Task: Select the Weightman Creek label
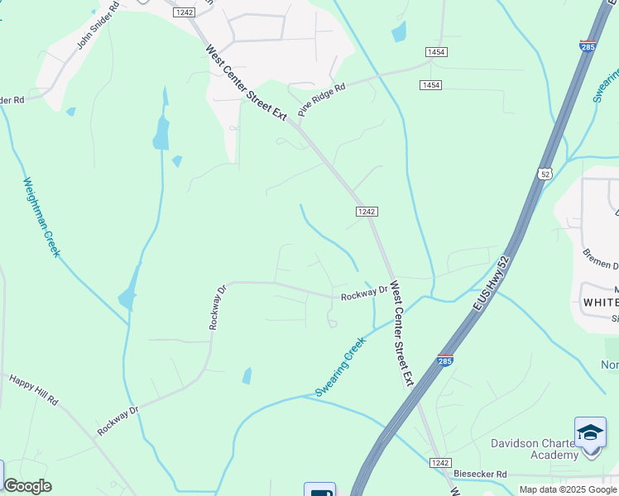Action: tap(41, 217)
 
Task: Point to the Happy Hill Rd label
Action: tap(34, 389)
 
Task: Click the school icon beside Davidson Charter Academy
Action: tap(590, 433)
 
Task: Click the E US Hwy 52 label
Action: tap(489, 284)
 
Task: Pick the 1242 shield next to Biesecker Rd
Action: tap(439, 464)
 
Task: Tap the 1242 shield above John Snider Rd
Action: tap(184, 12)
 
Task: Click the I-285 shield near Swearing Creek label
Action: tap(445, 360)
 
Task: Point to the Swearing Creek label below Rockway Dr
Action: tap(340, 366)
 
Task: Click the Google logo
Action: tap(27, 486)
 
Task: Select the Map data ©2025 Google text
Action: tap(569, 489)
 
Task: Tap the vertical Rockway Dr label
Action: tap(217, 308)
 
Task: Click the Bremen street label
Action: tap(601, 259)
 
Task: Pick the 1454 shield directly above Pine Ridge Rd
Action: tap(438, 52)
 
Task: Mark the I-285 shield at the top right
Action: tap(588, 46)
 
